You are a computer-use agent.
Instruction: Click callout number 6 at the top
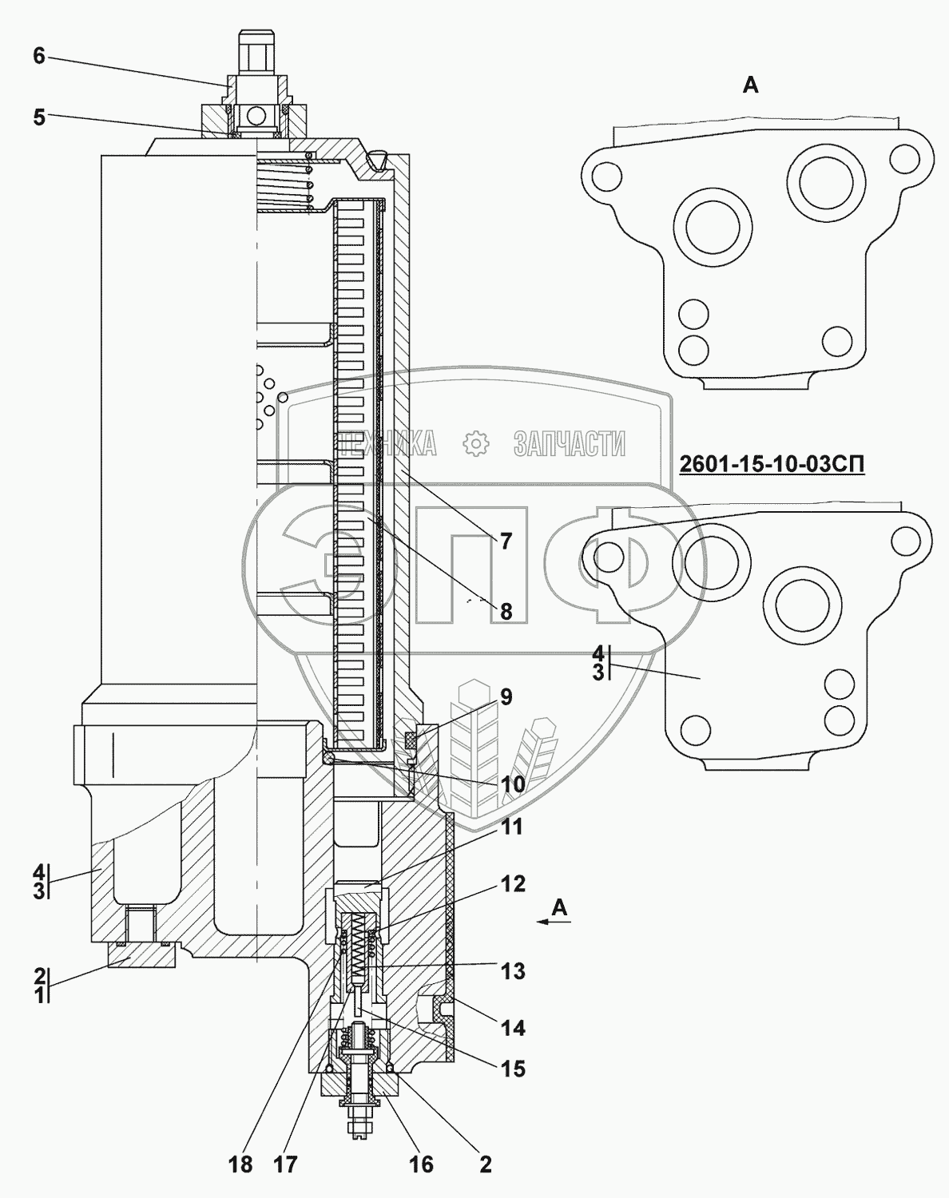tap(39, 55)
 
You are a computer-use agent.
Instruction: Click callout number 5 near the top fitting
tap(39, 117)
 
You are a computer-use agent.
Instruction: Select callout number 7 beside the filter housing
tap(506, 541)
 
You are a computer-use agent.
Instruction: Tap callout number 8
tap(506, 612)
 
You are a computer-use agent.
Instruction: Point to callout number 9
tap(506, 696)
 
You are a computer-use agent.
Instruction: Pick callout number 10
tap(512, 784)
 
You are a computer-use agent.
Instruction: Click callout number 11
tap(512, 827)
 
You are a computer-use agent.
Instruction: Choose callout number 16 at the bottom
tap(421, 1164)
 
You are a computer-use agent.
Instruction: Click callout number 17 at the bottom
tap(285, 1164)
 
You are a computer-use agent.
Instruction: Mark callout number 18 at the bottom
tap(240, 1164)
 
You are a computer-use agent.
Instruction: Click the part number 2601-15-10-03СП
tap(772, 464)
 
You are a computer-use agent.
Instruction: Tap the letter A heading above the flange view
tap(750, 85)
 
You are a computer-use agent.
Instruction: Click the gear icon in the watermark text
tap(475, 443)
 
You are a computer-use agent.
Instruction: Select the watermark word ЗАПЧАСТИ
tap(569, 443)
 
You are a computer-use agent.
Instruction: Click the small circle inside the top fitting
tap(256, 116)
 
